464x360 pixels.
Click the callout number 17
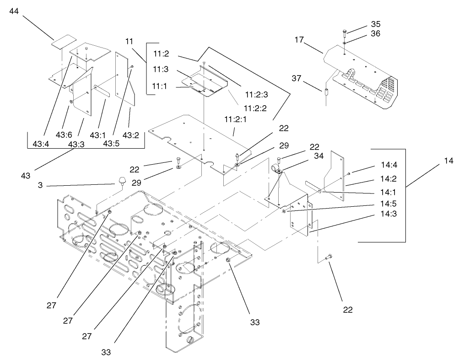pyautogui.click(x=299, y=40)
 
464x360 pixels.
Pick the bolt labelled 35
pyautogui.click(x=345, y=32)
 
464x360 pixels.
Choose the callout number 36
pyautogui.click(x=376, y=33)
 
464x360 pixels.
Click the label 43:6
pyautogui.click(x=65, y=134)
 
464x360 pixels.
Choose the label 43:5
pyautogui.click(x=112, y=143)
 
